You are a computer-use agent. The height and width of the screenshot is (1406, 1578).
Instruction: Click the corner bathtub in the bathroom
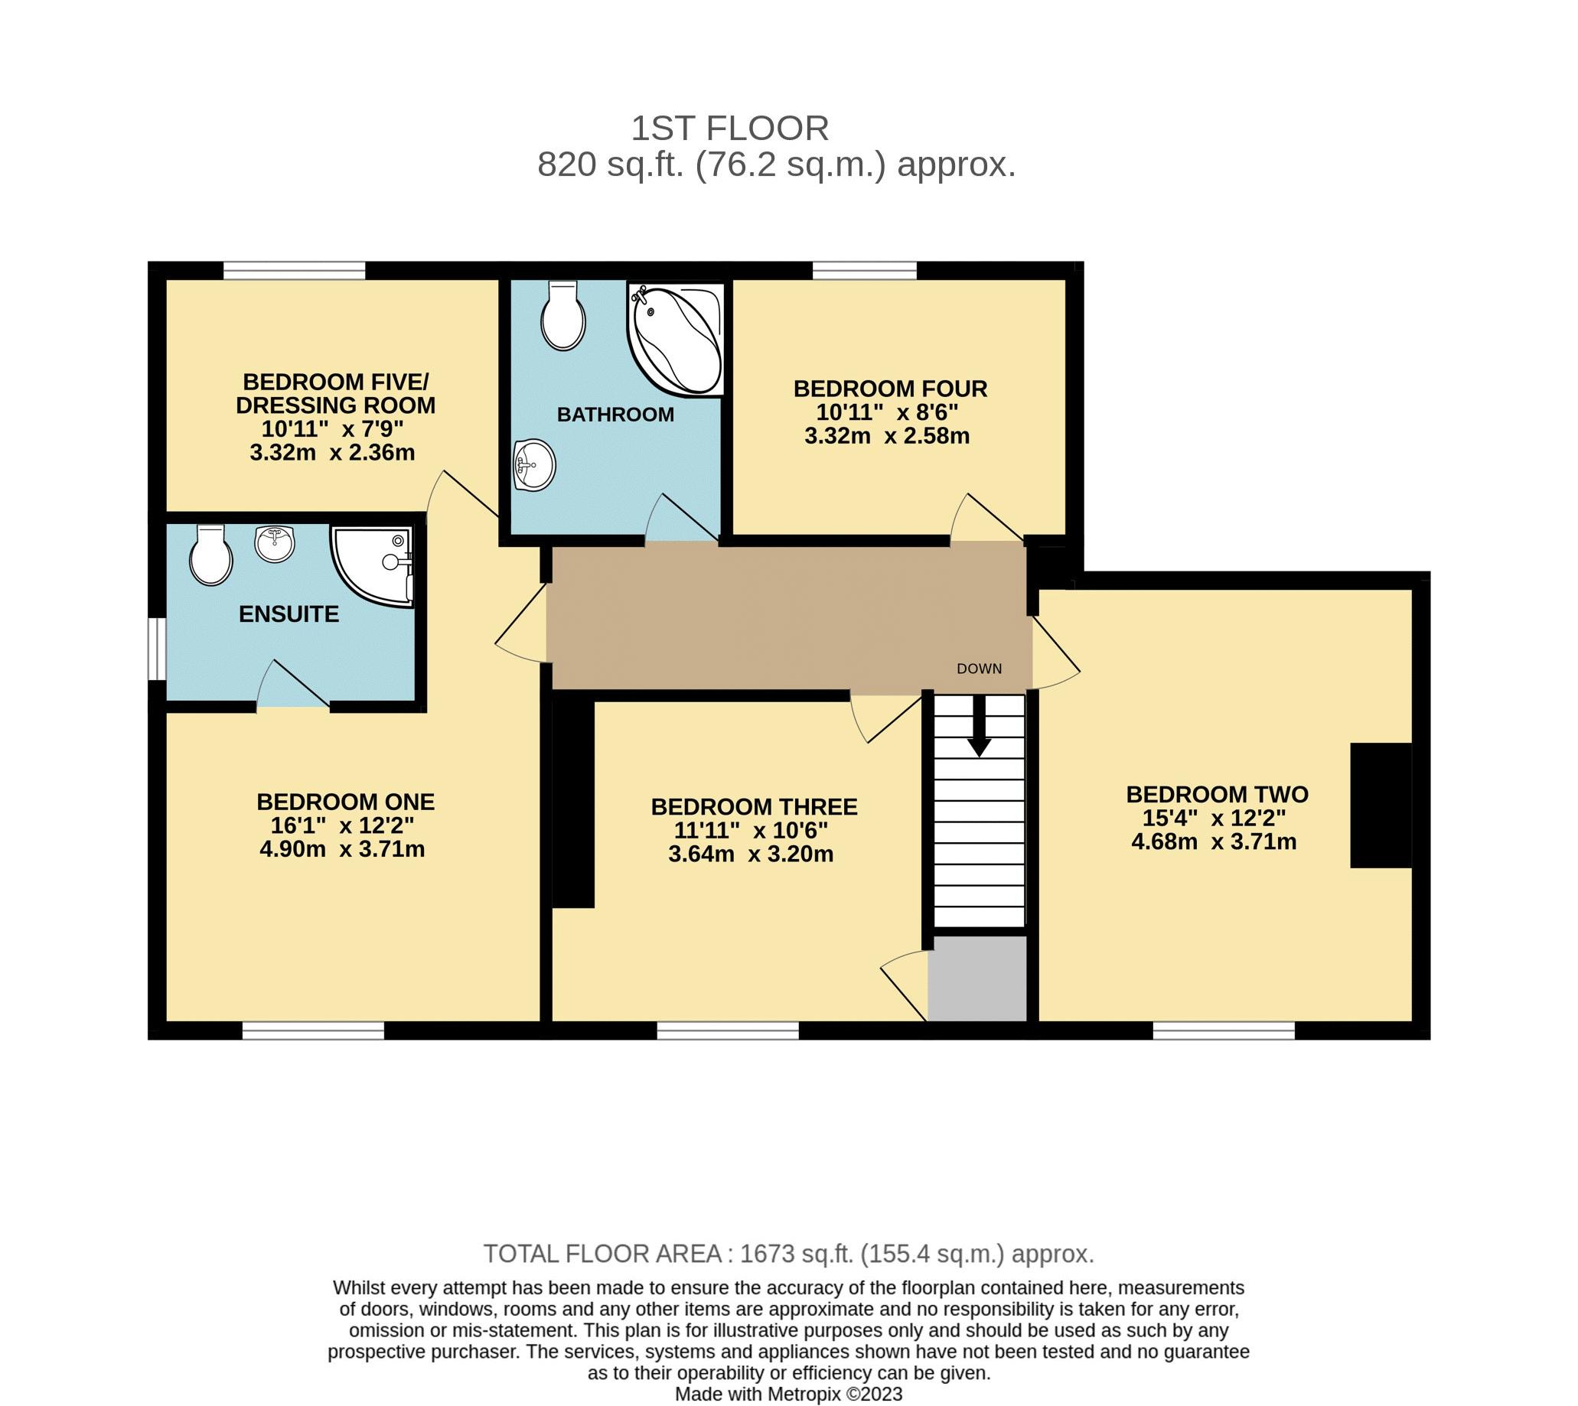(x=677, y=340)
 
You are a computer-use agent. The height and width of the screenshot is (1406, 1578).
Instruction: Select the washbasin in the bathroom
(x=534, y=464)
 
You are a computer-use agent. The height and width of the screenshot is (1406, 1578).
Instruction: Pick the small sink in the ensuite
(x=274, y=544)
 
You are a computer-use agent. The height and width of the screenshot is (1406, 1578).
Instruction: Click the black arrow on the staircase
(x=979, y=726)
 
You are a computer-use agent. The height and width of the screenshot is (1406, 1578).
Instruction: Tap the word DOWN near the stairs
(x=979, y=669)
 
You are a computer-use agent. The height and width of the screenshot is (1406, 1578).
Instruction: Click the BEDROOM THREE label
(x=754, y=807)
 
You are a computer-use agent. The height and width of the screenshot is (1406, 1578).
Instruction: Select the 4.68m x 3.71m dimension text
(x=1213, y=842)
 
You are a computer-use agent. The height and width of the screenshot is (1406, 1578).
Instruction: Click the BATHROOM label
(x=615, y=415)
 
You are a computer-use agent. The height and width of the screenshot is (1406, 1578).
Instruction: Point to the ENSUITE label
(x=289, y=614)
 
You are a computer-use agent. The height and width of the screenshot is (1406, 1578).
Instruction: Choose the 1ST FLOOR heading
(x=729, y=129)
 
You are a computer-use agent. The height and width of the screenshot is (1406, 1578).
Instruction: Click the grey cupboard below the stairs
(x=977, y=978)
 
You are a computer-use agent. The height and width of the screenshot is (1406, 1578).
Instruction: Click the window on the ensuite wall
(x=157, y=648)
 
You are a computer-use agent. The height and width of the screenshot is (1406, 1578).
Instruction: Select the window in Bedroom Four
(x=864, y=270)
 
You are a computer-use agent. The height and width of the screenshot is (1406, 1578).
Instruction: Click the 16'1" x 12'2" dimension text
(x=341, y=826)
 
